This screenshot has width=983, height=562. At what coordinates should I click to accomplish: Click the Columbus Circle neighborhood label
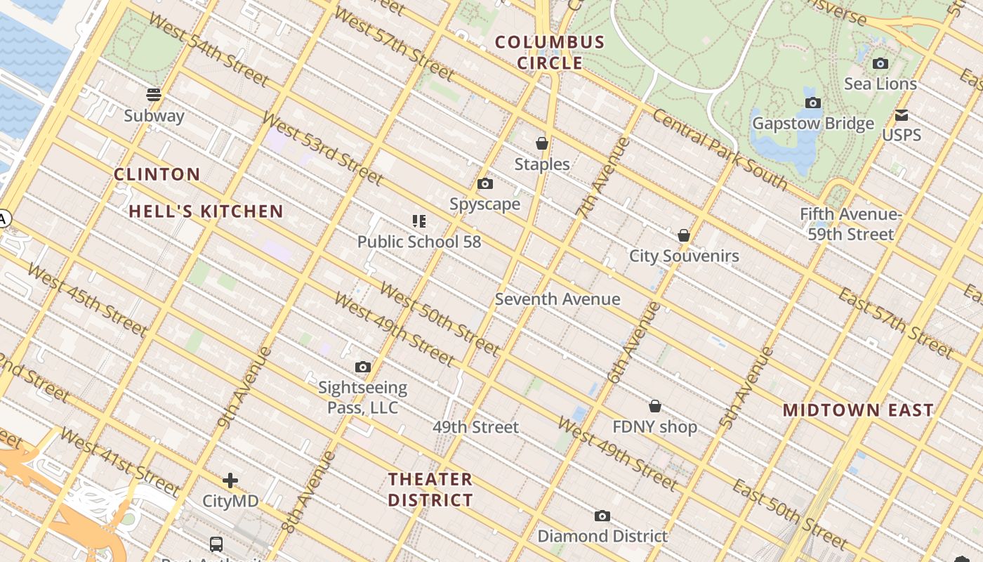550,53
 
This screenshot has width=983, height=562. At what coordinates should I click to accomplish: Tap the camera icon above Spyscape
485,184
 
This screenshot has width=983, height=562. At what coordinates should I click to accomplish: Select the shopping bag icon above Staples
542,143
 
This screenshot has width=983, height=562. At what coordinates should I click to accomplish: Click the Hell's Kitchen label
206,211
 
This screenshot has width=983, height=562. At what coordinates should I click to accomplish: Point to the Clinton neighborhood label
157,174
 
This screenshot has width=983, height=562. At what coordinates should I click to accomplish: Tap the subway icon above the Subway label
154,95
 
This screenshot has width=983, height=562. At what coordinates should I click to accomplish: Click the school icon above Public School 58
419,221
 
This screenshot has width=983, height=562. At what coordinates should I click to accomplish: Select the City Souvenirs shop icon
684,235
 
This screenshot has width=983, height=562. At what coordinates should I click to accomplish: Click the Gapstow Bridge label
813,124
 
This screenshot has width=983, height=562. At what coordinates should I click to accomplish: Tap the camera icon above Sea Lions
880,64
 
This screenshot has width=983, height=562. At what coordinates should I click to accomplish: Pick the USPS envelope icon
902,115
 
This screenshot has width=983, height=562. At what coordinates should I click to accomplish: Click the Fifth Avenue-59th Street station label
850,224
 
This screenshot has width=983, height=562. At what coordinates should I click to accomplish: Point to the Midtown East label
858,410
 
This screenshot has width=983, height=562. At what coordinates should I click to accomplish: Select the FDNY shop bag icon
655,406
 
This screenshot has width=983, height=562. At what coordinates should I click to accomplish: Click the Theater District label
430,490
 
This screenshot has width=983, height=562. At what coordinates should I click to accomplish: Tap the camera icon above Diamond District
602,516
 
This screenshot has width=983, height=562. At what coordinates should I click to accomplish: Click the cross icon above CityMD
230,481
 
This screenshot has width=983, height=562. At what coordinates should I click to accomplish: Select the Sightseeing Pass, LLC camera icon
363,367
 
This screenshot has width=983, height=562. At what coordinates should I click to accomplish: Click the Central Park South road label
720,149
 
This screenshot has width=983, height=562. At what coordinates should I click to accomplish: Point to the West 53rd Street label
324,148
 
